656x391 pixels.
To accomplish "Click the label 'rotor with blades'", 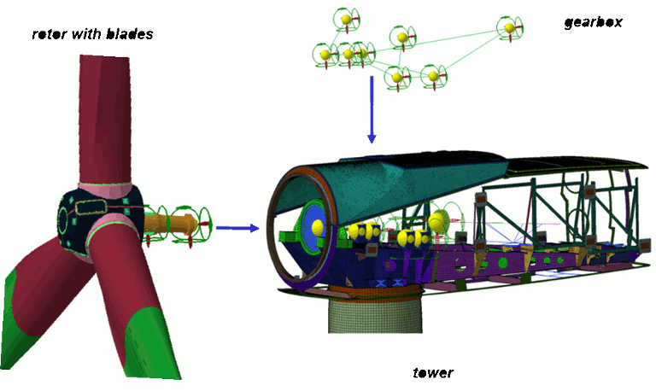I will coord(91,34).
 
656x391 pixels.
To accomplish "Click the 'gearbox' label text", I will coord(593,22).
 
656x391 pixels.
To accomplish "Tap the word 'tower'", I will coord(433,372).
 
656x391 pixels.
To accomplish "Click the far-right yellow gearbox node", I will coord(510,28).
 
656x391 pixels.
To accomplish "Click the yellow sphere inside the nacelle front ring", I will coord(317,226).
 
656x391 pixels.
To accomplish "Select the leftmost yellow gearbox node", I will coord(325,55).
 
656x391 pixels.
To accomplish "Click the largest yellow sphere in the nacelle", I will coord(439,221).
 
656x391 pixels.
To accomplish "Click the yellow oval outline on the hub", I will coord(88,207).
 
